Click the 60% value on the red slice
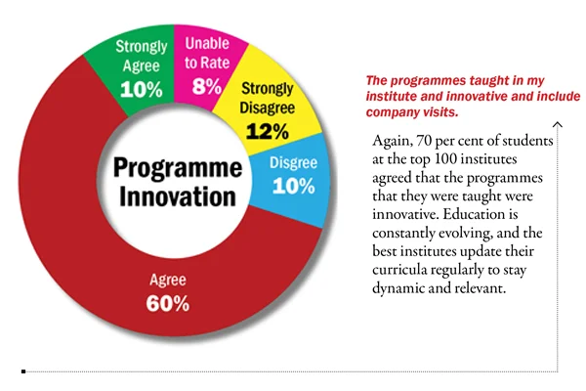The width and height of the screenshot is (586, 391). (x=168, y=302)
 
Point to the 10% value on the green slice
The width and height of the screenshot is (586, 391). (x=142, y=89)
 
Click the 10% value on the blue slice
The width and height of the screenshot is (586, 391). (x=293, y=186)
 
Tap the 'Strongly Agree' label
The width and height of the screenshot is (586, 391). (x=142, y=55)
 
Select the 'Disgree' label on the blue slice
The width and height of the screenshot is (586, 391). (x=293, y=162)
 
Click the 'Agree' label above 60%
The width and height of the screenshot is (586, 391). (x=167, y=278)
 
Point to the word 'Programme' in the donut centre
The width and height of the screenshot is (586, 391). (x=177, y=165)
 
